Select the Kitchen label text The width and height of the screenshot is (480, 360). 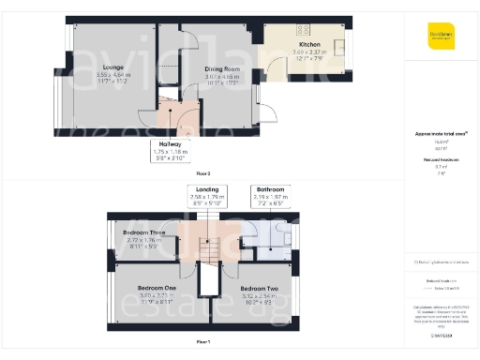(310, 45)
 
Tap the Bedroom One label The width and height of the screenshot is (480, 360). (157, 287)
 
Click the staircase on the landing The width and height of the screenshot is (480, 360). (215, 247)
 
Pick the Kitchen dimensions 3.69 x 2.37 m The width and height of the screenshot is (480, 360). (310, 53)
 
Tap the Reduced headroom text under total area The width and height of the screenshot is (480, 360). (441, 160)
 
